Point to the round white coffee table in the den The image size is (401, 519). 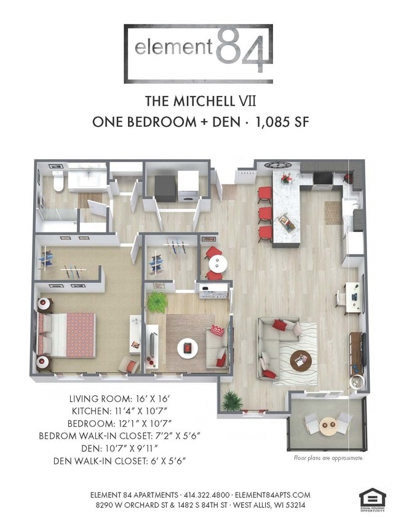click(187, 348)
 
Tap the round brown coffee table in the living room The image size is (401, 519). click(301, 359)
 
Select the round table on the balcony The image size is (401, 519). click(329, 424)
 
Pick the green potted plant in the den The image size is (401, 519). click(157, 302)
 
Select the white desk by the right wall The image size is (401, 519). click(352, 294)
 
